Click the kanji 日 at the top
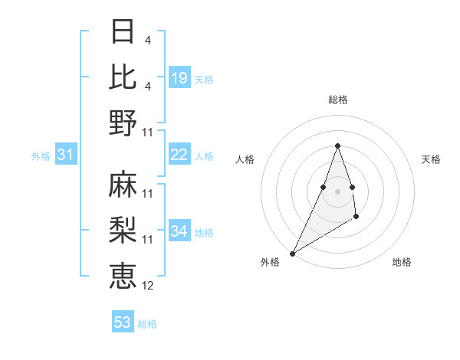click(123, 31)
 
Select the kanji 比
click(123, 77)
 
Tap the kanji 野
click(123, 123)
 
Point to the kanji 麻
click(123, 184)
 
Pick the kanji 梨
click(123, 229)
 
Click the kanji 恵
click(123, 275)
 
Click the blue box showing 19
click(179, 78)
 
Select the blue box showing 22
click(179, 155)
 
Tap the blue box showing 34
click(179, 231)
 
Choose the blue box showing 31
click(65, 155)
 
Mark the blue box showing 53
click(123, 322)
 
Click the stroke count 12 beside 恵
click(148, 286)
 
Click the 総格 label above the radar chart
click(338, 100)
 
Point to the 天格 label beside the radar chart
click(431, 159)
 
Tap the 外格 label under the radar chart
click(270, 262)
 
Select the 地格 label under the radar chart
click(402, 262)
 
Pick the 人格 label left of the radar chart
click(245, 159)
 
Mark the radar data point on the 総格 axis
click(337, 146)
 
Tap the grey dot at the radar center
click(337, 191)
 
